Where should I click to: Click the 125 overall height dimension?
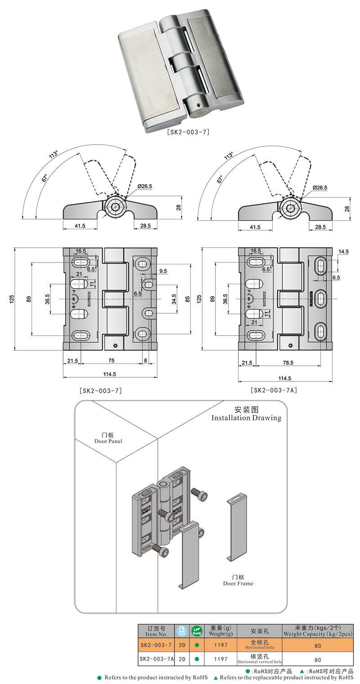pyautogui.click(x=12, y=299)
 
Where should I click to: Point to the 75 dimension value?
pyautogui.click(x=111, y=361)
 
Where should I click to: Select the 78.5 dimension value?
pyautogui.click(x=288, y=362)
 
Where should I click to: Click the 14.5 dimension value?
pyautogui.click(x=343, y=252)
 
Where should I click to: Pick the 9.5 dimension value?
pyautogui.click(x=162, y=272)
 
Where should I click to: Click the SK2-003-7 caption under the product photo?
pyautogui.click(x=188, y=132)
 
